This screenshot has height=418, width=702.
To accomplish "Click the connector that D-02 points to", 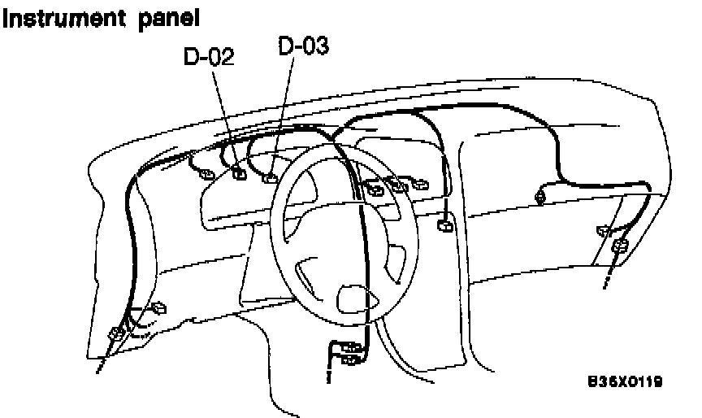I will [240, 172].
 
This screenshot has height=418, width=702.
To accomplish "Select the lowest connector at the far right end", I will [620, 246].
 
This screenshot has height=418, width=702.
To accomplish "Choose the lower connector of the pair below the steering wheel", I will [352, 359].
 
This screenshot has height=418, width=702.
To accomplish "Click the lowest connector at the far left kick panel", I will [115, 333].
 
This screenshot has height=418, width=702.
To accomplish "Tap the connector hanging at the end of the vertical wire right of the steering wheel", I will [444, 225].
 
